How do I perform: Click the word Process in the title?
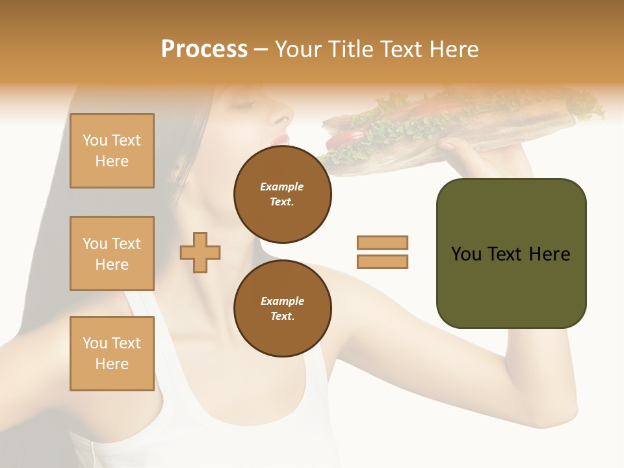[x=204, y=49]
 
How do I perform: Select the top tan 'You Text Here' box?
[x=112, y=151]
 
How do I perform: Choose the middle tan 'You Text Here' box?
[x=112, y=253]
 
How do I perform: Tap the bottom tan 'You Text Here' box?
[x=112, y=354]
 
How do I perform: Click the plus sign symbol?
[x=200, y=252]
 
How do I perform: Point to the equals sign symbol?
[x=382, y=252]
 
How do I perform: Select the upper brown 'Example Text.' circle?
[x=283, y=194]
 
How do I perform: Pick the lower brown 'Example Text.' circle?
[x=283, y=309]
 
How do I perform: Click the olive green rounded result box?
[x=511, y=253]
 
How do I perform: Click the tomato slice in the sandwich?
[x=347, y=137]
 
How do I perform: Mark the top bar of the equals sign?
[x=382, y=242]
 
